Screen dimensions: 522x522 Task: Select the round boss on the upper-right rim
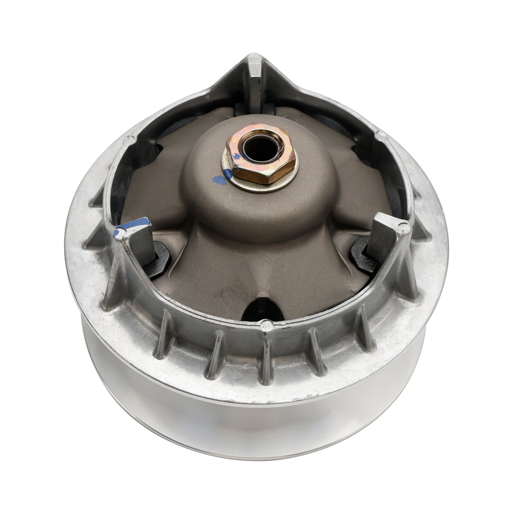coord(379,134)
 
